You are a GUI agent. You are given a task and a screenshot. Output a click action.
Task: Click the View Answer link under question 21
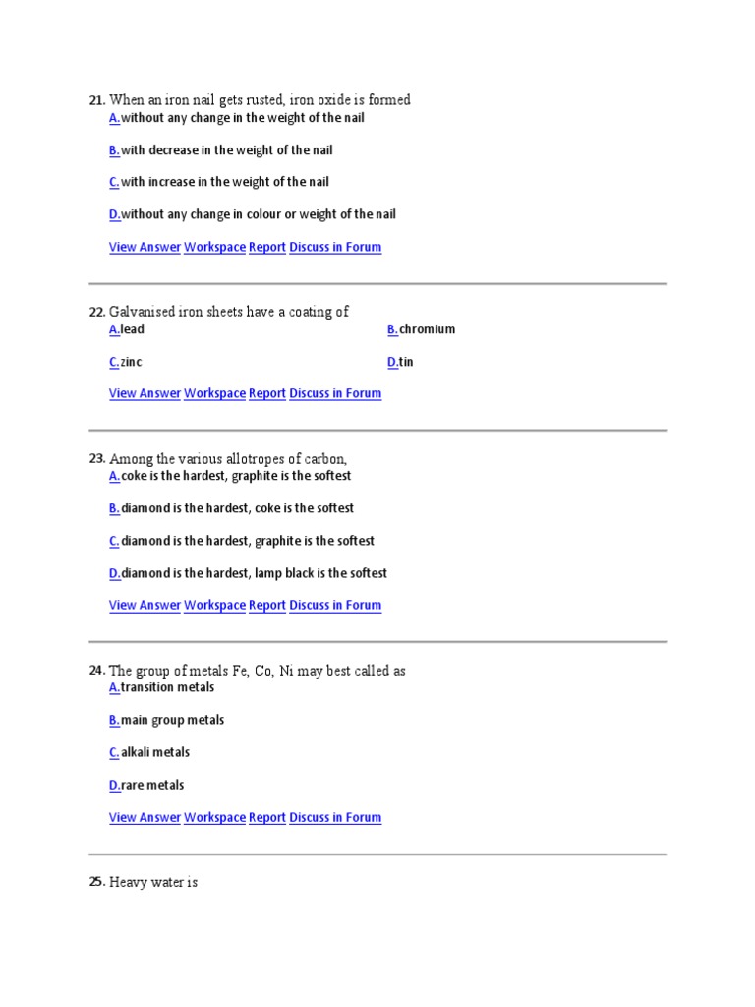(x=145, y=247)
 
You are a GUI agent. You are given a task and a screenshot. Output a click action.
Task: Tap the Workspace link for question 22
(x=214, y=393)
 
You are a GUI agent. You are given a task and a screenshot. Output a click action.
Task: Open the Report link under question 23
(x=266, y=605)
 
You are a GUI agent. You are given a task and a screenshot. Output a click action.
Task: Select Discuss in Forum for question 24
(x=335, y=817)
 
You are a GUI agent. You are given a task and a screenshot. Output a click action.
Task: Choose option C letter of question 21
(x=114, y=182)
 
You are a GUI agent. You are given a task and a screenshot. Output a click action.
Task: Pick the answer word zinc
(x=131, y=362)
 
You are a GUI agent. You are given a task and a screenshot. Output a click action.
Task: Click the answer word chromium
(x=427, y=329)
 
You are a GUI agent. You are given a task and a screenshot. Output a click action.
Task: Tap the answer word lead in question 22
(x=132, y=329)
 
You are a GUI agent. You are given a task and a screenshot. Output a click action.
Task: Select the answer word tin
(x=406, y=362)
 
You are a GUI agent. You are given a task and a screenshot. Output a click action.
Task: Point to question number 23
(x=96, y=459)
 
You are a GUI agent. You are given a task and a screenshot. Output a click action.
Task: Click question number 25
(x=96, y=883)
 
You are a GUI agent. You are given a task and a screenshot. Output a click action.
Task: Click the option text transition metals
(x=167, y=687)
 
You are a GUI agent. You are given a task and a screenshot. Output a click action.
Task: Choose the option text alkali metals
(x=155, y=752)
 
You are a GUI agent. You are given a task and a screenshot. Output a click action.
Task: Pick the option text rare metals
(x=152, y=785)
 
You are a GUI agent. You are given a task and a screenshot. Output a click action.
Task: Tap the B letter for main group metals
(x=114, y=720)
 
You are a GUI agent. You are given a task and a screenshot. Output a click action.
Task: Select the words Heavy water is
(x=153, y=883)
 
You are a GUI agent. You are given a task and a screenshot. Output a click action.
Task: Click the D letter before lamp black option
(x=114, y=573)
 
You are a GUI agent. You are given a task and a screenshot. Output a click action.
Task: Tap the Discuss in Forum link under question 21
(x=335, y=247)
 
